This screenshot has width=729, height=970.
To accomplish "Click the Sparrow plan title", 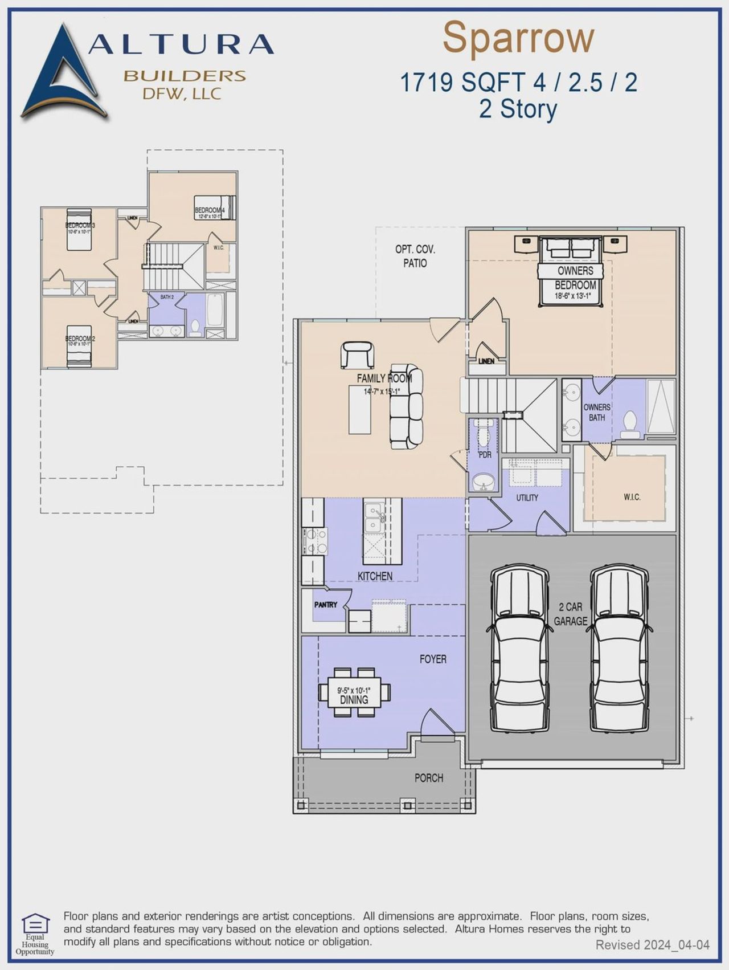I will coord(518,38).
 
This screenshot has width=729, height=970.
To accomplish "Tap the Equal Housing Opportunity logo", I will coord(35,934).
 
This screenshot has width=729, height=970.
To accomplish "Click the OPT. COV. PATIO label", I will coord(415,256).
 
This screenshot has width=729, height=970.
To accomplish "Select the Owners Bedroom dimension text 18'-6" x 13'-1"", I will coord(572,296).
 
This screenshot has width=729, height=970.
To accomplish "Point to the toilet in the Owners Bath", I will coord(630,425).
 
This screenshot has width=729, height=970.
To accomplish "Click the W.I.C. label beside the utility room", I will coord(632,497).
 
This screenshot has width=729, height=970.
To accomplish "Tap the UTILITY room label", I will coord(527,498).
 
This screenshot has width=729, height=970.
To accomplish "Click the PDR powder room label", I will coord(485,455).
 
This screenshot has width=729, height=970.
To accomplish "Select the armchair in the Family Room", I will coord(357,354).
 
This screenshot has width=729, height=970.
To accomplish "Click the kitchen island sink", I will coord(374,517).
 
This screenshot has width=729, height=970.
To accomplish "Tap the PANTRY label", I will coord(325,605).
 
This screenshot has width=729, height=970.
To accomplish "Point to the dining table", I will coord(354,692).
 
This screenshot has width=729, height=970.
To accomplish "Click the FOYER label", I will coord(433,659).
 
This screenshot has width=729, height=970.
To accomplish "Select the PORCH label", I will coord(428,778).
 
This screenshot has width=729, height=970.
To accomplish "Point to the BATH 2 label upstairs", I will coord(167,297).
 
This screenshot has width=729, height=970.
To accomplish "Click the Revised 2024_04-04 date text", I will coord(652,945).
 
